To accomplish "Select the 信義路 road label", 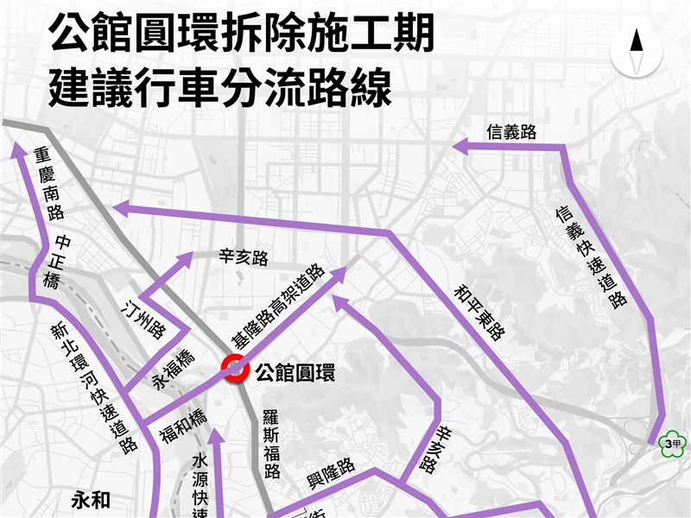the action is coord(511,131).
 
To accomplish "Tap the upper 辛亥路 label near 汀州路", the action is coord(244,256).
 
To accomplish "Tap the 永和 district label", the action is coord(88,499).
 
